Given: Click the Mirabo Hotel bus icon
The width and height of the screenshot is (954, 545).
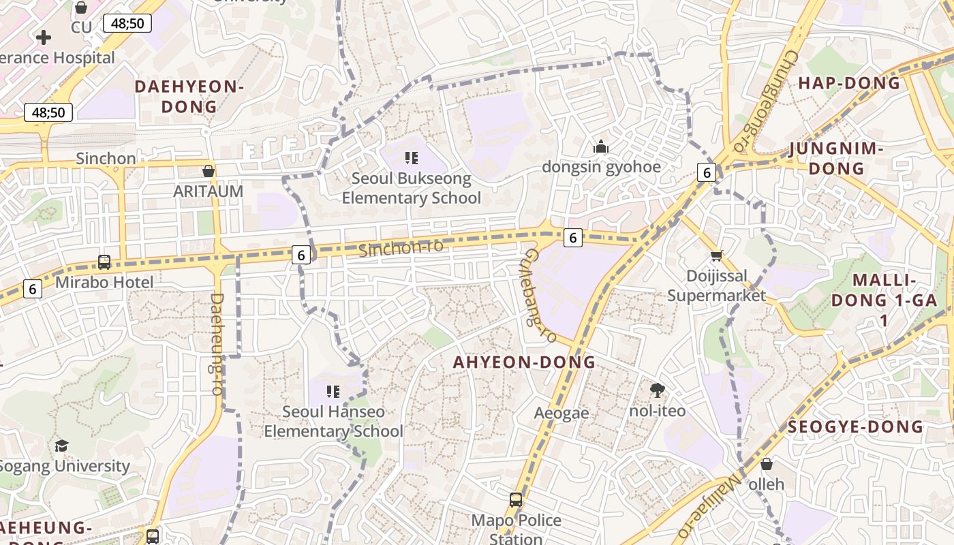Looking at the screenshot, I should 104,262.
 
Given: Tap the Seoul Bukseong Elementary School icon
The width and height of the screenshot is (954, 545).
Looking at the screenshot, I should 412,158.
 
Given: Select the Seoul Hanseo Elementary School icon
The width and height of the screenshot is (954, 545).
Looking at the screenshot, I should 333,391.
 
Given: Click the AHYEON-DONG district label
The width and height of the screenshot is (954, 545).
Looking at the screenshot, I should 525,362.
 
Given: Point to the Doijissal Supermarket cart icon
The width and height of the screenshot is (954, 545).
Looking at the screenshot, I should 716,256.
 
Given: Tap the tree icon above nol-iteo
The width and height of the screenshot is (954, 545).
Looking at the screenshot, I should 658,390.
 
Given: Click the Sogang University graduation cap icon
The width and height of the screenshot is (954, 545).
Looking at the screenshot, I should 62,446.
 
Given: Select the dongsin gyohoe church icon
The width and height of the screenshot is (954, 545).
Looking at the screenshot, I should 601,146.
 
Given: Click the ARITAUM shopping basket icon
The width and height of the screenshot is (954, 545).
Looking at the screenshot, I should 209,171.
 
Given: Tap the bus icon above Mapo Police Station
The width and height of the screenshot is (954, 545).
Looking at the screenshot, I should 516,500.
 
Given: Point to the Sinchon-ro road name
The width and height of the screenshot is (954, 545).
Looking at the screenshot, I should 401,248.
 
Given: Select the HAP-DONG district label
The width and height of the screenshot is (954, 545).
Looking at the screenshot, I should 849,83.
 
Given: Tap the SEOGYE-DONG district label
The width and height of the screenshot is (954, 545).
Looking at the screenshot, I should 855,427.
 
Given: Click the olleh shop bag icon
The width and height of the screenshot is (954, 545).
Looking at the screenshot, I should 767,464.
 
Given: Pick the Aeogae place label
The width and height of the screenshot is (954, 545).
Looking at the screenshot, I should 561,413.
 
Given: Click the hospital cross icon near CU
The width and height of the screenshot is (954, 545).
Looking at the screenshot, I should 44,37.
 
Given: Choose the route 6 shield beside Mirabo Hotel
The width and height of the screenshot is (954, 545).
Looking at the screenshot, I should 32,289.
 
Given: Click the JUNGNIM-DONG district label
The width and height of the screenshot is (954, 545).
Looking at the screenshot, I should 836,158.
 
